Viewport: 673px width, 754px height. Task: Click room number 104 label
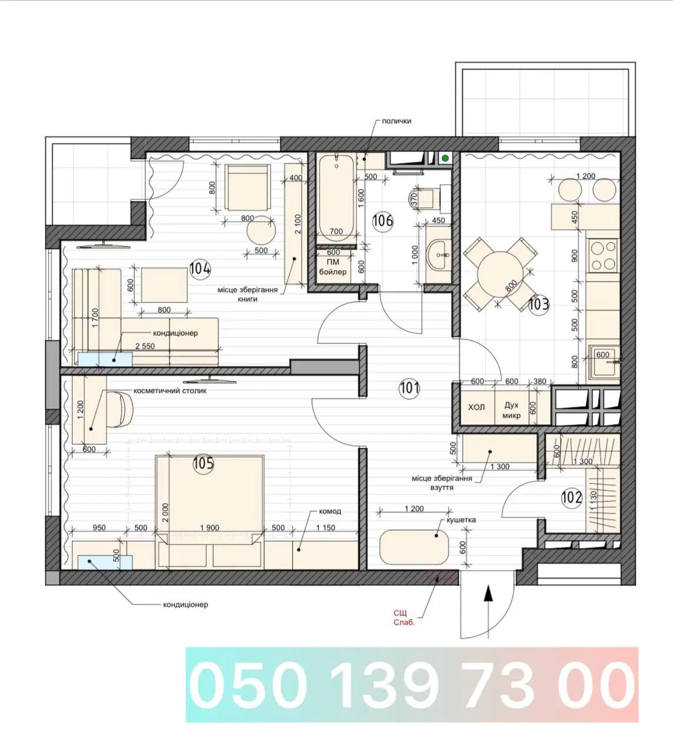(200, 269)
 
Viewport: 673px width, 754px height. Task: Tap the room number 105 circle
(203, 464)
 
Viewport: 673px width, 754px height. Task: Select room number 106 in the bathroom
(383, 221)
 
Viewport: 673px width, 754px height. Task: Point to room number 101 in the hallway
(409, 388)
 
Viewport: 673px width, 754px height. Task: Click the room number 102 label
(571, 498)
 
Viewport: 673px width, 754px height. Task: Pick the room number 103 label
(539, 304)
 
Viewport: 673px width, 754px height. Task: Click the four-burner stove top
(604, 256)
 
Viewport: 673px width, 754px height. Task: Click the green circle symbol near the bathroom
(445, 158)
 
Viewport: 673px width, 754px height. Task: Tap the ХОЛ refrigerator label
(476, 407)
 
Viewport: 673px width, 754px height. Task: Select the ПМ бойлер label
(333, 267)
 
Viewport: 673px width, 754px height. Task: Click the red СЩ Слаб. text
(404, 617)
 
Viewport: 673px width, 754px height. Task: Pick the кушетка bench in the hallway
(414, 547)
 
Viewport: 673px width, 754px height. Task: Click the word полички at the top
(396, 121)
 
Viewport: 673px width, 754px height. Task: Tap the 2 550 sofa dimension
(145, 346)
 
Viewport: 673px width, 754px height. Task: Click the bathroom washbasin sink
(438, 254)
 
